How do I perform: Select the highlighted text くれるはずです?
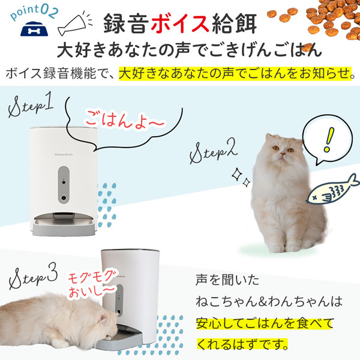(x=242, y=346)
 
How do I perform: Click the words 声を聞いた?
(x=224, y=281)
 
